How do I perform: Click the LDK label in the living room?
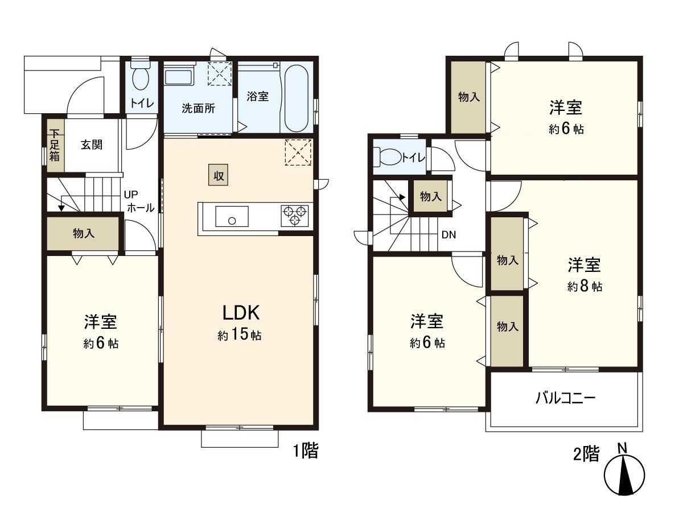point(241,313)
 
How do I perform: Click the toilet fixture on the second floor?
point(387,156)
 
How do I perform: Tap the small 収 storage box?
point(218,176)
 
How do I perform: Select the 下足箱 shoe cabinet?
point(54,146)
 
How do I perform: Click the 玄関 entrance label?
point(91,144)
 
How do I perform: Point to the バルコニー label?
point(565,398)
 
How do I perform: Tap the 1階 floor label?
point(305,452)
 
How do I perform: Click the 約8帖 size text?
point(584,287)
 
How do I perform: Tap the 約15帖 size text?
point(240,335)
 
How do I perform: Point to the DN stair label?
point(448,234)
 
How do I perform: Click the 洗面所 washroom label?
point(198,109)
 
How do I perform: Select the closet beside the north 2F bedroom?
point(468,97)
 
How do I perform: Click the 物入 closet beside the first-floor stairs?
point(84,233)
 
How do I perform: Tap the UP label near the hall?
point(131,194)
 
